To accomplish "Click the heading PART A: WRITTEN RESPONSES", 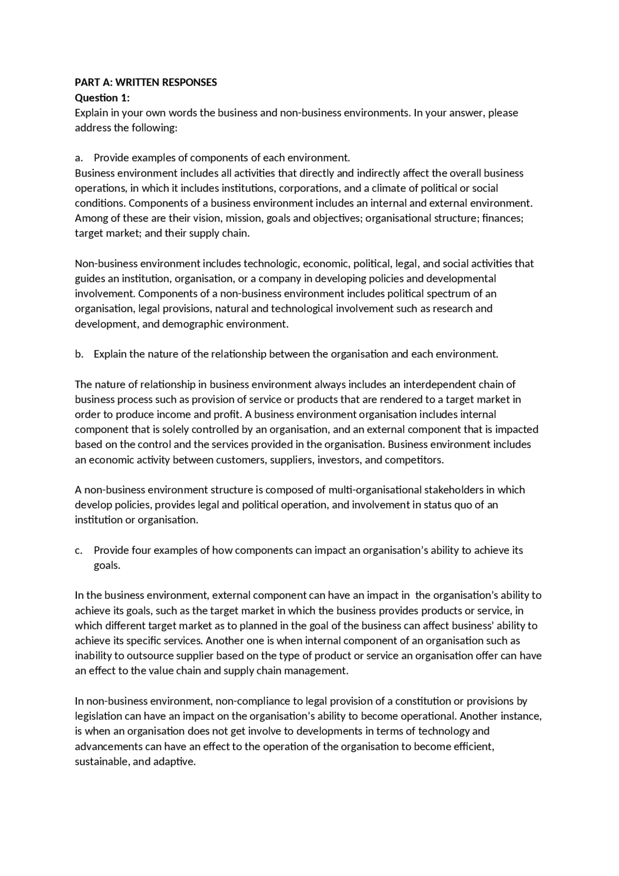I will tap(146, 82).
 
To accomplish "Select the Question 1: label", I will tap(102, 98).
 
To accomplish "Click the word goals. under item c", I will tap(107, 565).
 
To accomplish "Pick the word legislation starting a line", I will tap(98, 716).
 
